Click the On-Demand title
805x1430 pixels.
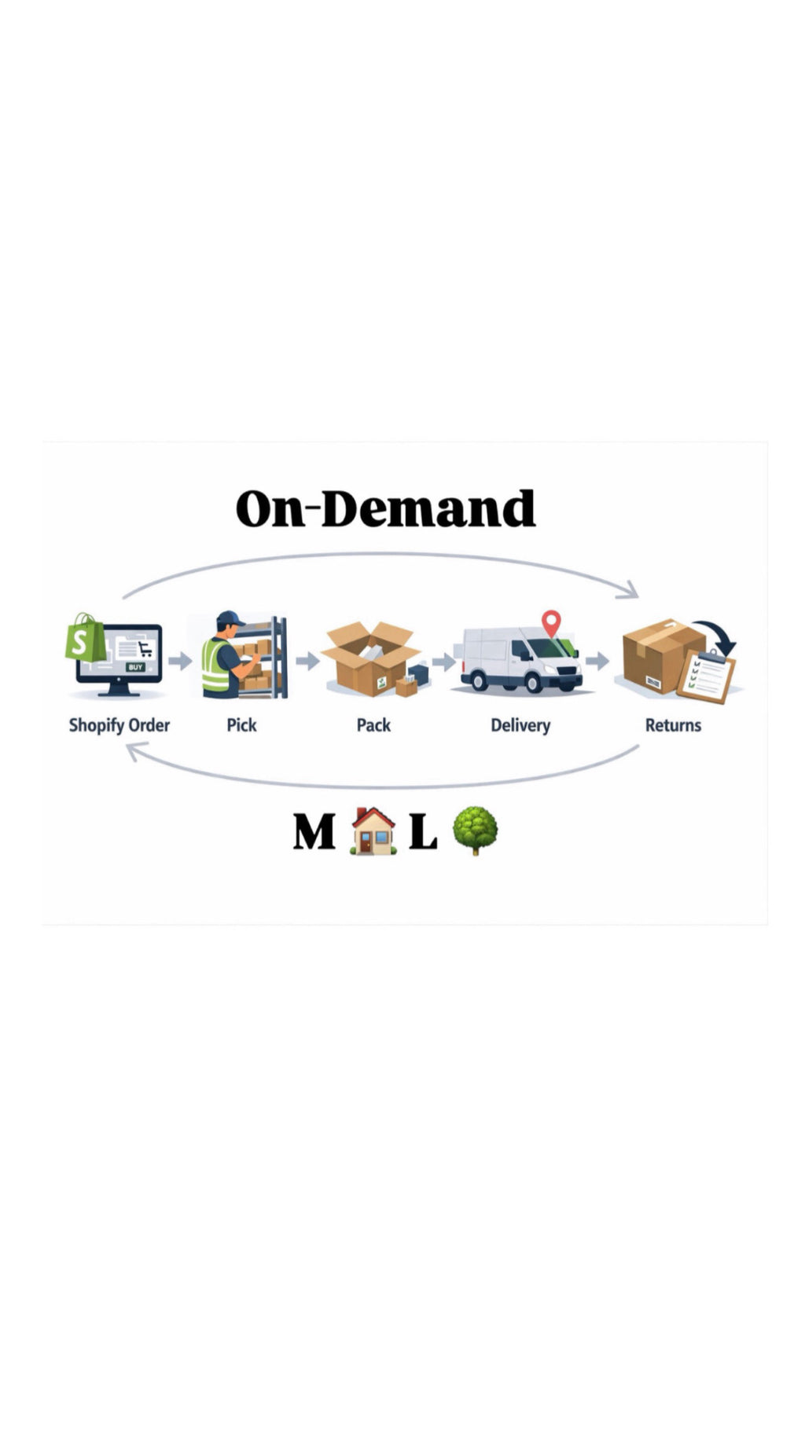[385, 508]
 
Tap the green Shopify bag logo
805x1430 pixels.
[85, 638]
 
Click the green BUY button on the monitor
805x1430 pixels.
[136, 667]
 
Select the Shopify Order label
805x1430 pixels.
[119, 724]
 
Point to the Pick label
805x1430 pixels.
[241, 724]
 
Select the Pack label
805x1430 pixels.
[373, 724]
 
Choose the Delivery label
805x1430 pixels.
[520, 724]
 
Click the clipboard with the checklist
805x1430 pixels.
[707, 676]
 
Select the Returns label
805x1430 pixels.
[673, 724]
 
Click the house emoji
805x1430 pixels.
[373, 831]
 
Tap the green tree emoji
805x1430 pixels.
[475, 830]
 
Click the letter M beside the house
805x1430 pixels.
[314, 832]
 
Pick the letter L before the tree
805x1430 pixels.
[423, 832]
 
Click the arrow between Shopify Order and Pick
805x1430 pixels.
[180, 660]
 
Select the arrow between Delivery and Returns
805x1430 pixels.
[597, 660]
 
